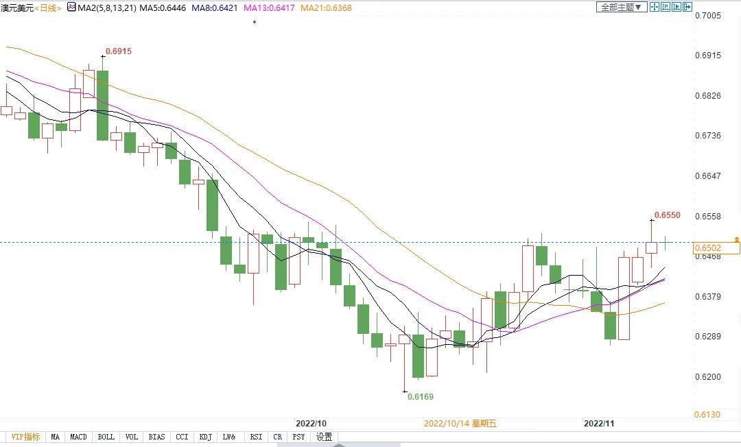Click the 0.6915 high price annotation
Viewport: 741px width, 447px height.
pyautogui.click(x=118, y=51)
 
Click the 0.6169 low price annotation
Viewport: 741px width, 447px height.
pyautogui.click(x=421, y=396)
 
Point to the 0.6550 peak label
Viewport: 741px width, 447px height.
pyautogui.click(x=667, y=215)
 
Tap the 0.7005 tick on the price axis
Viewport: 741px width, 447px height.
pyautogui.click(x=708, y=15)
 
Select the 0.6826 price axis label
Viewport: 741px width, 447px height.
pyautogui.click(x=708, y=95)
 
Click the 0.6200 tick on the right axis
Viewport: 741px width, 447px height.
pyautogui.click(x=708, y=377)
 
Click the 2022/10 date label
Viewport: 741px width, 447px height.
pyautogui.click(x=310, y=423)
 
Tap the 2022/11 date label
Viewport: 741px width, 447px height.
pyautogui.click(x=598, y=423)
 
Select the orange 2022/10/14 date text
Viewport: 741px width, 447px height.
pyautogui.click(x=460, y=424)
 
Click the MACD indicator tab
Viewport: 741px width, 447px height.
pyautogui.click(x=79, y=437)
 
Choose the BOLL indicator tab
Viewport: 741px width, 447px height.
pyautogui.click(x=106, y=437)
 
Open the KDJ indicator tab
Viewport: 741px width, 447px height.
pyautogui.click(x=205, y=437)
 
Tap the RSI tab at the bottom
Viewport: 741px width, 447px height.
pyautogui.click(x=256, y=437)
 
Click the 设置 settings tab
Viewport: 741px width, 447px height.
pyautogui.click(x=325, y=437)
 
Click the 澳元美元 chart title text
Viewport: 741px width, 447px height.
pyautogui.click(x=16, y=8)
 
